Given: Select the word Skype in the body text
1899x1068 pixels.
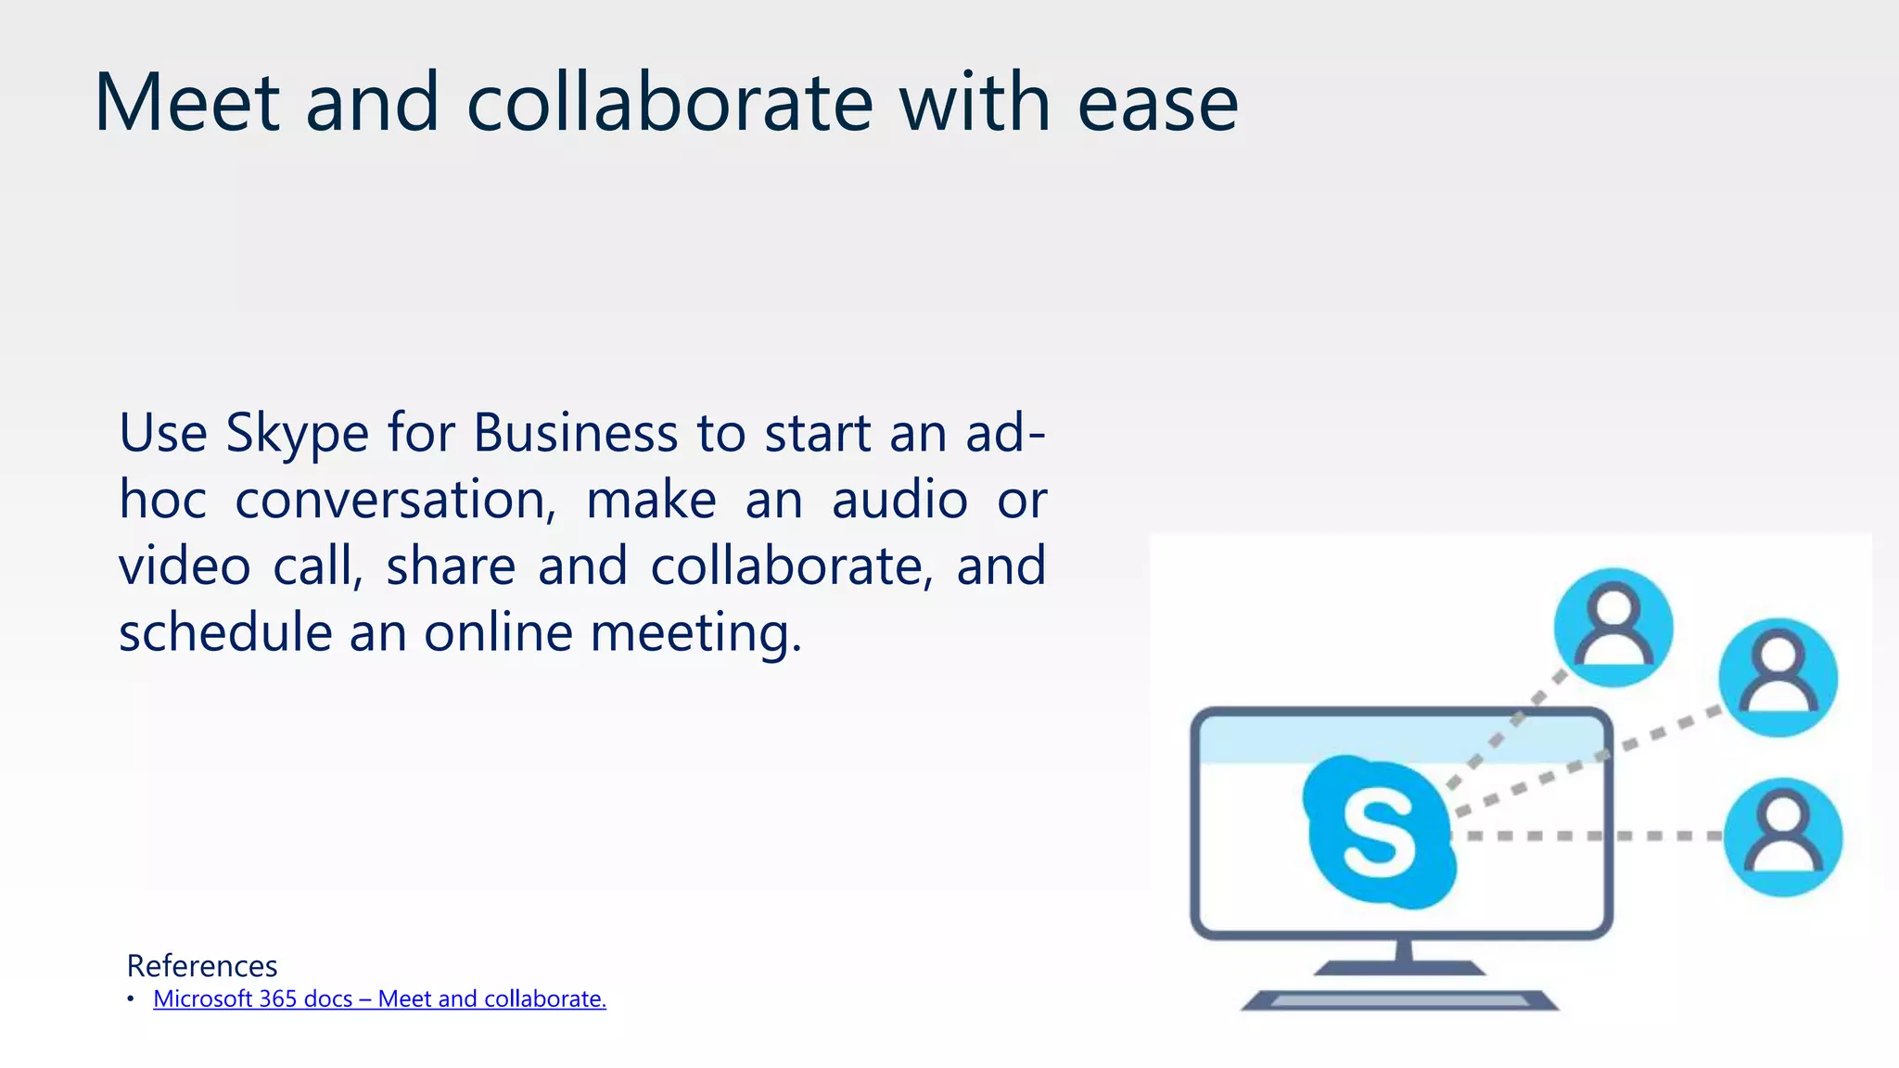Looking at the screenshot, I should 297,434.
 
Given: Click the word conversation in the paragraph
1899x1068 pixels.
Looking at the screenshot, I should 395,501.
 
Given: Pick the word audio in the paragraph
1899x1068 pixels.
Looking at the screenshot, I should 899,501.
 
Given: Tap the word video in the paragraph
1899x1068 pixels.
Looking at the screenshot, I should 185,566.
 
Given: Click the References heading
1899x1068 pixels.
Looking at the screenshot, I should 202,966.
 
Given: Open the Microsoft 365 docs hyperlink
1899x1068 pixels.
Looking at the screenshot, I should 379,999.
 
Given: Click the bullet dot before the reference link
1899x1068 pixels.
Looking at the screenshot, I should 131,998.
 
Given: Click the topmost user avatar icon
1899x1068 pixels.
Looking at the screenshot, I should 1613,628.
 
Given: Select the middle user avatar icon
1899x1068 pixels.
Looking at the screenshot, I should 1778,678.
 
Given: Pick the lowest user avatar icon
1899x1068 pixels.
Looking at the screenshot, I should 1782,837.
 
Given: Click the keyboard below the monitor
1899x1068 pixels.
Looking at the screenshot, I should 1400,1000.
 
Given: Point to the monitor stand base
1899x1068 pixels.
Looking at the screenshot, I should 1400,968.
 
